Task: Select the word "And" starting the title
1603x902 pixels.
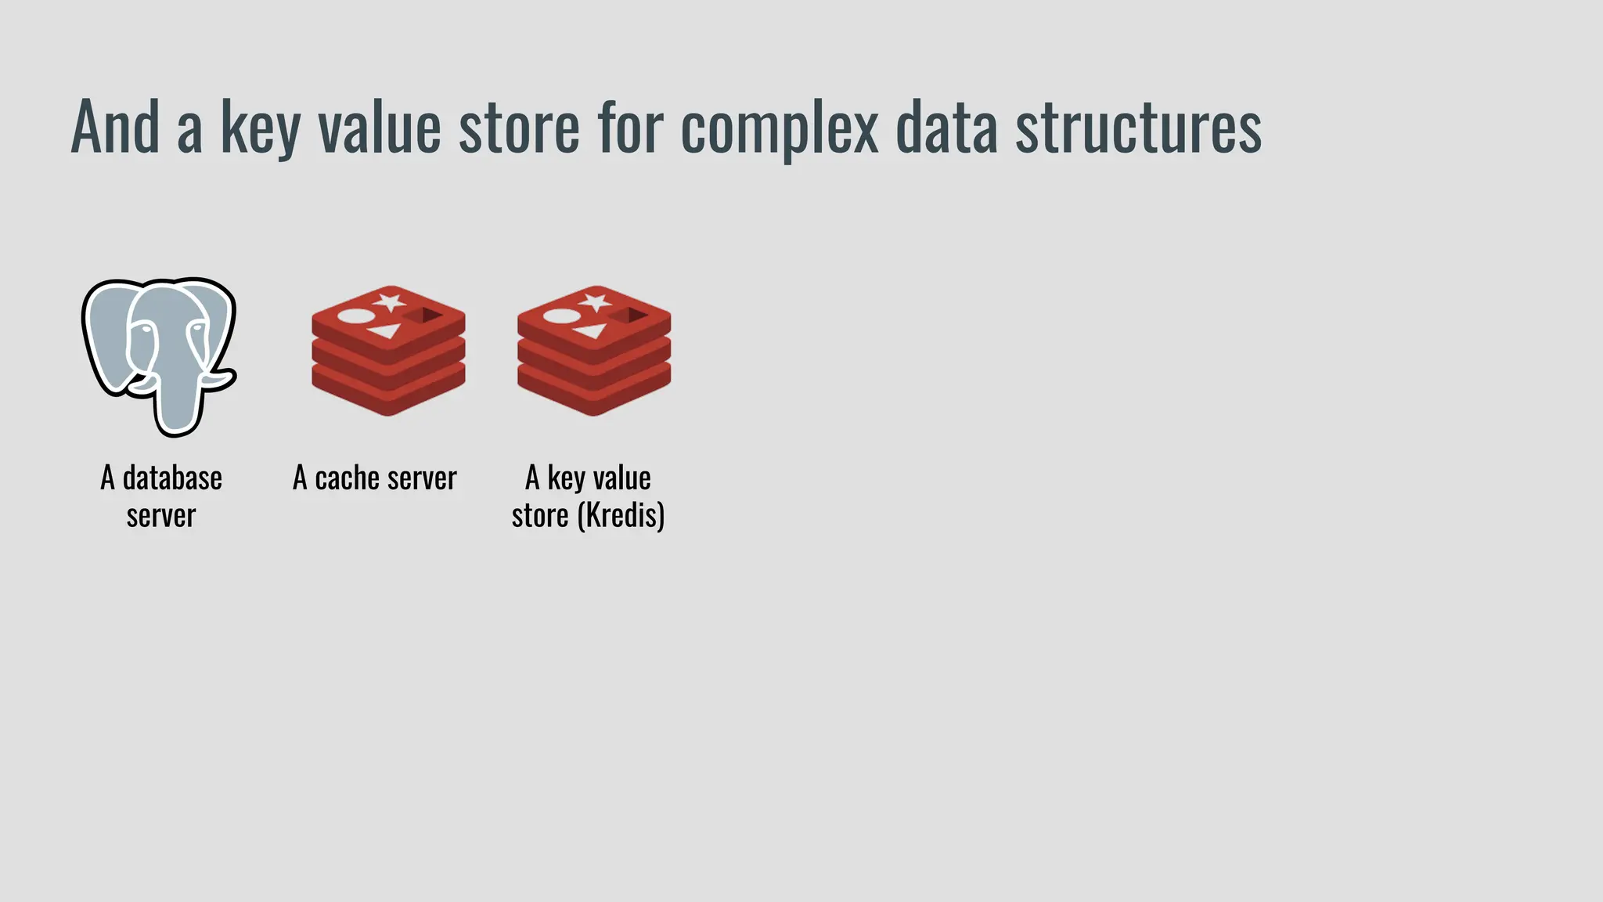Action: click(x=115, y=128)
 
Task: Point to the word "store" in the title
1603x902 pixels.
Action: click(x=518, y=128)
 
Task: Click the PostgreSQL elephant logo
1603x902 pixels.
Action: click(x=159, y=356)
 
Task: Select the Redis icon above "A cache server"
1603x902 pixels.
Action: click(x=388, y=350)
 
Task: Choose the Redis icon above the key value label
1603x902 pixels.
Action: click(x=594, y=350)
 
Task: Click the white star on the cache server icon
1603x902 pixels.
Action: click(x=389, y=301)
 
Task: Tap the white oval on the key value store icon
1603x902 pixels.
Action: click(x=561, y=316)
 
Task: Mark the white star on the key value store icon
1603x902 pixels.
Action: click(x=595, y=301)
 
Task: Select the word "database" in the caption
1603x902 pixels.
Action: click(x=172, y=478)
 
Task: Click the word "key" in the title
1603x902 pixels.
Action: click(x=260, y=128)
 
